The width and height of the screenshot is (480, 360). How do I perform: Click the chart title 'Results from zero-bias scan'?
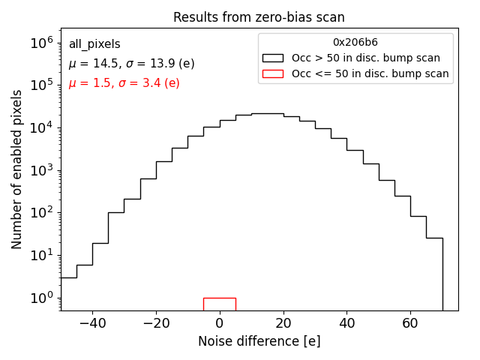(259, 17)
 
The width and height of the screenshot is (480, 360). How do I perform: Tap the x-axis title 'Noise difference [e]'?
(259, 341)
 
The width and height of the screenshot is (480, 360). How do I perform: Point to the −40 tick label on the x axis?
(92, 324)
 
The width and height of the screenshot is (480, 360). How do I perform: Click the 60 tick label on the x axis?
(410, 324)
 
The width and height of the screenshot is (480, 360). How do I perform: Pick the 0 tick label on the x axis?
(219, 324)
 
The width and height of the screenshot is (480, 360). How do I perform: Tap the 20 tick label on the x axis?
(283, 324)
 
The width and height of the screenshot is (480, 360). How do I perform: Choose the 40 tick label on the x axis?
(346, 324)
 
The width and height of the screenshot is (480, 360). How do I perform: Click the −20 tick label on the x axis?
(155, 324)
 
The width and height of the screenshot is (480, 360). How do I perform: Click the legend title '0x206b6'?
(355, 43)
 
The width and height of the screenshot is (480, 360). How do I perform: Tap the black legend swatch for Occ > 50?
(274, 58)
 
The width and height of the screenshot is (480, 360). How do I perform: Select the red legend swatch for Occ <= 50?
(274, 73)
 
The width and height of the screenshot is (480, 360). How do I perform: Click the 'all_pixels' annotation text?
(94, 44)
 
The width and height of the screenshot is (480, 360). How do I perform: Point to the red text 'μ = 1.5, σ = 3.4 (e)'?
(124, 83)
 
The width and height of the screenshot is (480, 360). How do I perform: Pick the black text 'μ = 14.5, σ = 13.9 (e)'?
(131, 64)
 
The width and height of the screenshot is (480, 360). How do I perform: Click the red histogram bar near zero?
(219, 303)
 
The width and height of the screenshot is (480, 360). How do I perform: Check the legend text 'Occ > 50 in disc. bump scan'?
(366, 58)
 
